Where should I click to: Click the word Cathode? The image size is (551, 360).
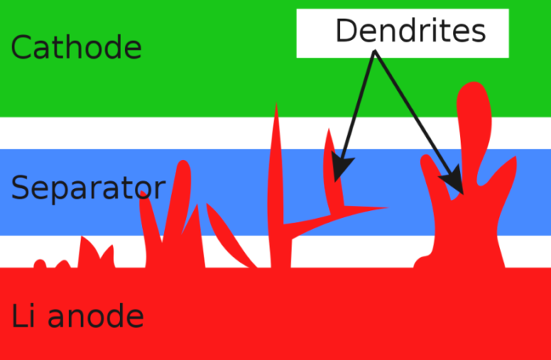[x=76, y=48]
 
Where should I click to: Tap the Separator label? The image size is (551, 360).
[x=88, y=189]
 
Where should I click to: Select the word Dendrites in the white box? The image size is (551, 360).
[x=411, y=31]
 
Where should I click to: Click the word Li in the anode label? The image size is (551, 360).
[x=24, y=317]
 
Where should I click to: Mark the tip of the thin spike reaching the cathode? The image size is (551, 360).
[x=276, y=106]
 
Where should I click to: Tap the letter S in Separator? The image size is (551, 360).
[x=20, y=189]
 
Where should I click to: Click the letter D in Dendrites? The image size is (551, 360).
[x=345, y=31]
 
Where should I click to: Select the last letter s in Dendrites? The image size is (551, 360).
[x=479, y=32]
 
